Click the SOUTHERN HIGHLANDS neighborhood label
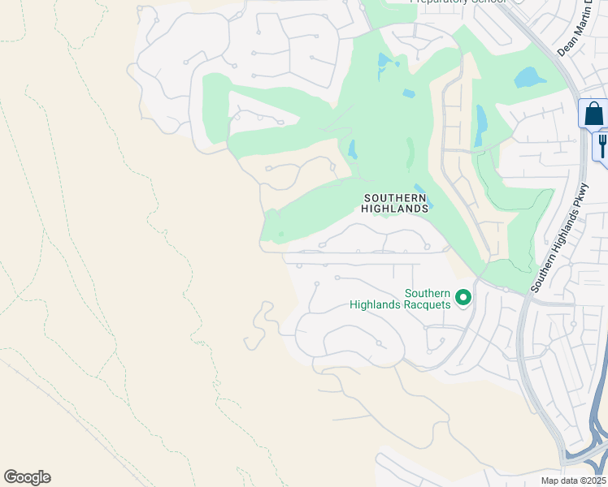click(x=395, y=203)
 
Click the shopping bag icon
click(x=594, y=114)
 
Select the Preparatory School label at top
click(x=458, y=2)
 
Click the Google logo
click(x=27, y=477)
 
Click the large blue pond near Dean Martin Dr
click(x=530, y=78)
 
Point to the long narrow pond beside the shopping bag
click(x=481, y=126)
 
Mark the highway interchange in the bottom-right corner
click(x=587, y=455)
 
